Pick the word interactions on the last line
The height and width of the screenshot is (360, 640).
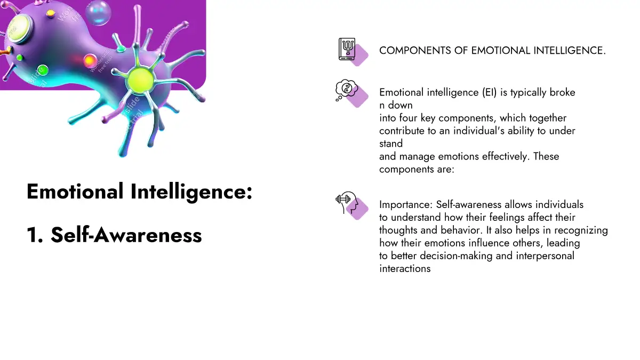(x=405, y=269)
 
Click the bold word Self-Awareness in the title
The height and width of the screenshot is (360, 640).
(x=126, y=235)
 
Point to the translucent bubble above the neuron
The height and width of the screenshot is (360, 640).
(x=98, y=13)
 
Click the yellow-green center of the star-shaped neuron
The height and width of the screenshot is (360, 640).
(x=141, y=80)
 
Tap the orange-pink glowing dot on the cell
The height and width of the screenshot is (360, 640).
(x=90, y=61)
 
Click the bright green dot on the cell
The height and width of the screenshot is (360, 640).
(x=43, y=70)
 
